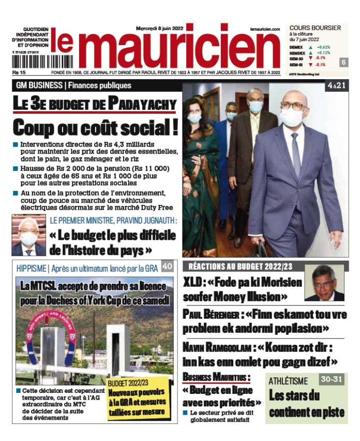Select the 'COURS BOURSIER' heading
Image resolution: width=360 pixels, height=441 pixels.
315,27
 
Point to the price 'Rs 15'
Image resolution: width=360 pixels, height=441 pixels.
20,72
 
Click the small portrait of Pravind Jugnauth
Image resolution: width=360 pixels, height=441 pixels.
28,236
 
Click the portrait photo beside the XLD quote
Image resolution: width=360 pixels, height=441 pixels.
324,283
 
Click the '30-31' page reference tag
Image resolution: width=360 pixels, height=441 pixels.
331,379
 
